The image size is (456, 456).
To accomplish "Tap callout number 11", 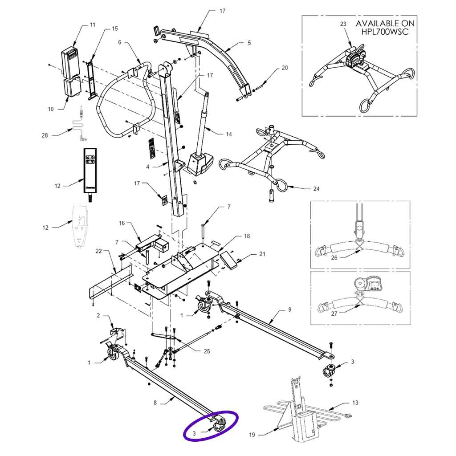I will coord(93,25).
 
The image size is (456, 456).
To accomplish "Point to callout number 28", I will coord(45,135).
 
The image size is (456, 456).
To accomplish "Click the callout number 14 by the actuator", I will coord(229,134).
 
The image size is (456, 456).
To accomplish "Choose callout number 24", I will coord(316,188).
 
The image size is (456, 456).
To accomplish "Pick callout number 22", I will coord(99,252).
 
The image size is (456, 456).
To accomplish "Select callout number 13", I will coord(355,403).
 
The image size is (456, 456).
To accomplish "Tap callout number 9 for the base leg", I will coord(289,309).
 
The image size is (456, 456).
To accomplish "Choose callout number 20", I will coord(285,68).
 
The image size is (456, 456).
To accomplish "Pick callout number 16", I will coord(121,223).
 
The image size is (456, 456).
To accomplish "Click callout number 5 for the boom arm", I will coord(249,43).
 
